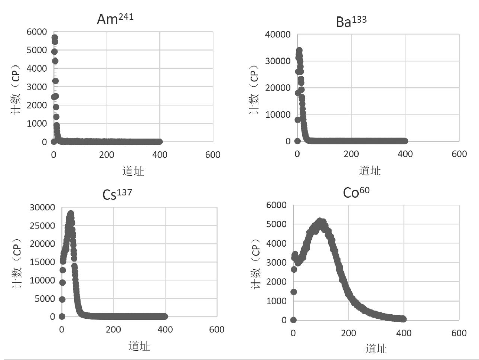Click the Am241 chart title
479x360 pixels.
point(115,18)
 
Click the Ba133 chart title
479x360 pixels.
point(351,21)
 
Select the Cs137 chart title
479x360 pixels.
point(117,194)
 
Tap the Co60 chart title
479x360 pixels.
point(356,192)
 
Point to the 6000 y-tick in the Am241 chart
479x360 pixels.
point(37,32)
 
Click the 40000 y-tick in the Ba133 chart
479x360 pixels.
point(278,35)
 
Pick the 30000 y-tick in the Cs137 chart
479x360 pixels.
point(42,207)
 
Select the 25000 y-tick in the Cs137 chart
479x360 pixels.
point(42,226)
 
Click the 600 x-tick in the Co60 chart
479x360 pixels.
point(459,333)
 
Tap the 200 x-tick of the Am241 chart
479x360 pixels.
point(107,155)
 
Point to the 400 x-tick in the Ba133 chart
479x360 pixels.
point(405,154)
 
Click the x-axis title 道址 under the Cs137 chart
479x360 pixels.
point(139,346)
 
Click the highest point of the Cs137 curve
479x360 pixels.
point(70,214)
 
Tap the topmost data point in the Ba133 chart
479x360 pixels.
point(299,50)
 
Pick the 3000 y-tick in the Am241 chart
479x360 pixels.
point(37,87)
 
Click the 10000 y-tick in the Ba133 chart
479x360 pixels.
point(278,114)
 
